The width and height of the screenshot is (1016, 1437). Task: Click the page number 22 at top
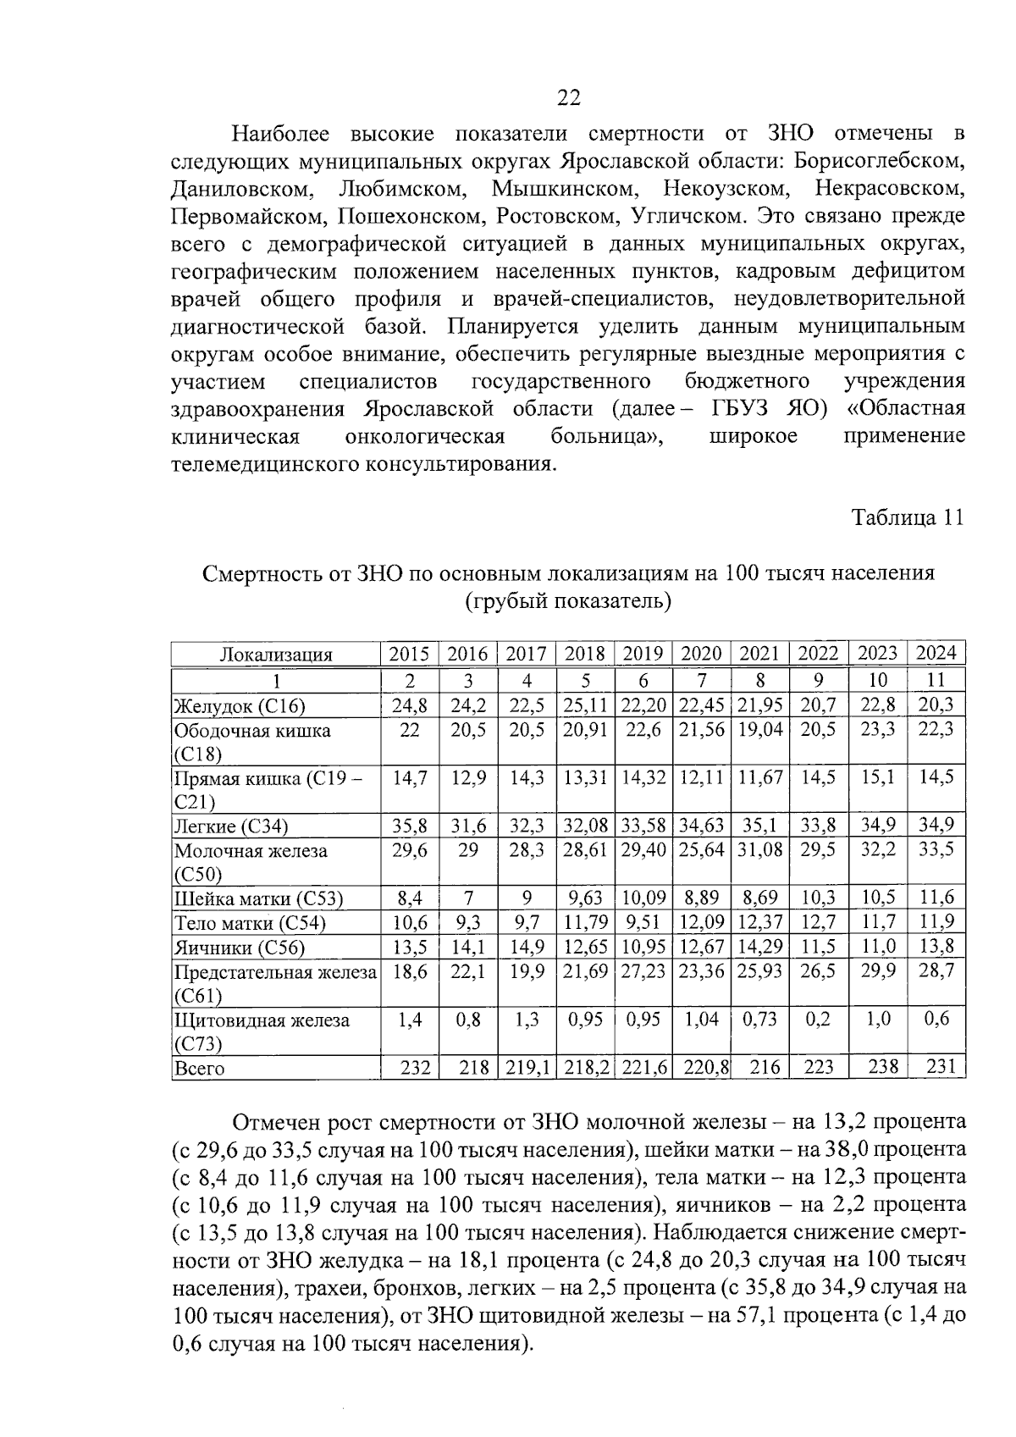568,98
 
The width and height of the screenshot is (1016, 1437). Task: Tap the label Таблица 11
907,518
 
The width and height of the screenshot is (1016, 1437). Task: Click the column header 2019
643,654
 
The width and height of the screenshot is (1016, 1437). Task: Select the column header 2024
936,653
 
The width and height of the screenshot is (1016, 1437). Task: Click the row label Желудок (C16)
239,705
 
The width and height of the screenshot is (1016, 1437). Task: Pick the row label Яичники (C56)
239,948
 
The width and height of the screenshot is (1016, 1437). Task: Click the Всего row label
199,1069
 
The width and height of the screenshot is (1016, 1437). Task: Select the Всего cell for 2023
878,1067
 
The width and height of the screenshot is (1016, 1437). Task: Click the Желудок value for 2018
585,705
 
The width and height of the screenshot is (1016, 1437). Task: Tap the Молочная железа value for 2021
759,850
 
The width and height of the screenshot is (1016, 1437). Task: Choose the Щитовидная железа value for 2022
818,1020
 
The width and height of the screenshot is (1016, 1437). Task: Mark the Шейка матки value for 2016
467,898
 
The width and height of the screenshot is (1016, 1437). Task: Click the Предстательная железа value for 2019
643,971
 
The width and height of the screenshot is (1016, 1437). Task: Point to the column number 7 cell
701,680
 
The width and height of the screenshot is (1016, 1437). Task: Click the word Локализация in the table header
276,654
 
